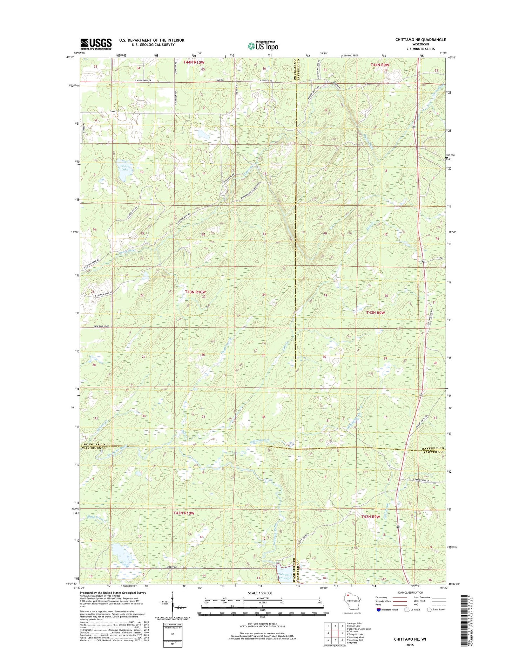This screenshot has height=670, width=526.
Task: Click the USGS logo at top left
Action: (96, 43)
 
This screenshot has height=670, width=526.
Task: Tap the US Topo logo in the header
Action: (263, 46)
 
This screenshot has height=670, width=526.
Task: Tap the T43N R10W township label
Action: (195, 292)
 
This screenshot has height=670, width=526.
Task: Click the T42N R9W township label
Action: (371, 517)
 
